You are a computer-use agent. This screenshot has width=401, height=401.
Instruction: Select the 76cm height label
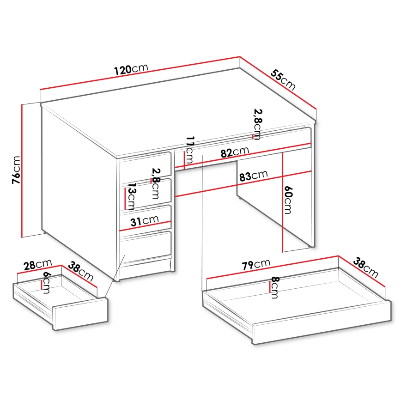[x=16, y=170]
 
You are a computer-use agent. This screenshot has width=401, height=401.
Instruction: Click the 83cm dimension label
[x=253, y=176]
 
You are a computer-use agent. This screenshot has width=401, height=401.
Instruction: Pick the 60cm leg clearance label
[x=288, y=200]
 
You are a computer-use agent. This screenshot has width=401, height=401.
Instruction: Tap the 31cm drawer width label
[x=144, y=221]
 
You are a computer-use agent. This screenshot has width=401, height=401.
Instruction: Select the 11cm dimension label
[x=189, y=148]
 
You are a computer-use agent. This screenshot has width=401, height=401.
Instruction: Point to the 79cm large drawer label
[x=256, y=264]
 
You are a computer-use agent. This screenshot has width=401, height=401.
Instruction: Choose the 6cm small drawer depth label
[x=46, y=280]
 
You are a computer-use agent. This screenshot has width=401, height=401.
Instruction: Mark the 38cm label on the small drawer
[x=81, y=272]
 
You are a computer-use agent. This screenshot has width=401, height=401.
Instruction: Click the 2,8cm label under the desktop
[x=257, y=124]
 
